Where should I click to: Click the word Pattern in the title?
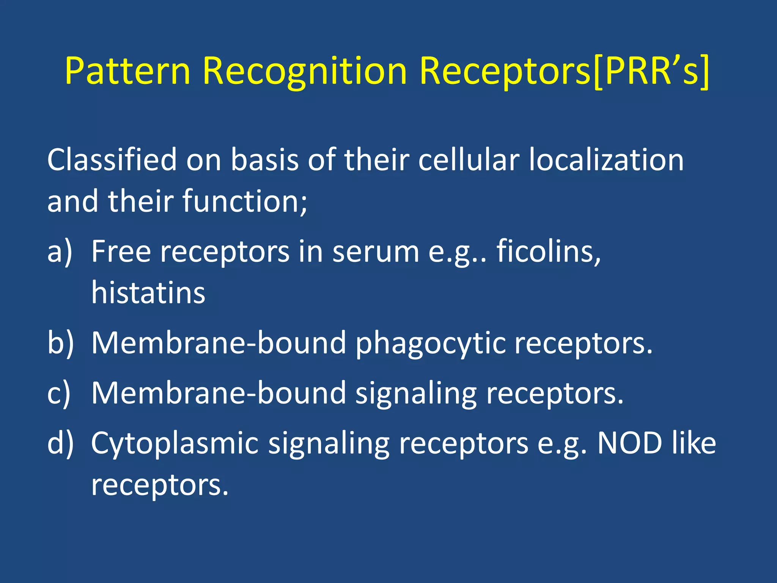(x=127, y=71)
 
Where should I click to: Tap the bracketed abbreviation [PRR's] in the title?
(x=651, y=71)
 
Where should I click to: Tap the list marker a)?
(x=60, y=252)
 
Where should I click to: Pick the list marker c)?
(x=59, y=393)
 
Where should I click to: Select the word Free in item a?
(x=121, y=252)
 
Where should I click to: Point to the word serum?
(x=376, y=252)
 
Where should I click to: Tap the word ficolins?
(x=549, y=252)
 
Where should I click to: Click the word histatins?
(x=148, y=293)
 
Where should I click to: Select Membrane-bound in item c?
(x=219, y=393)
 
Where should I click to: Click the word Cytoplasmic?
(x=175, y=443)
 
